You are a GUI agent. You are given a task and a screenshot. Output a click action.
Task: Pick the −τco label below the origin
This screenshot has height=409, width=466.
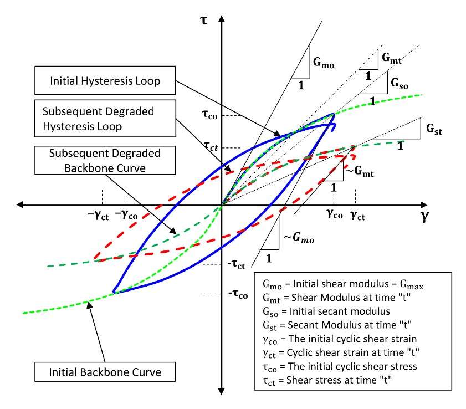(x=237, y=294)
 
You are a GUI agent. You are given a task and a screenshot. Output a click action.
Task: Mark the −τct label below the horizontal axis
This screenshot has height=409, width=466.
(x=237, y=265)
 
